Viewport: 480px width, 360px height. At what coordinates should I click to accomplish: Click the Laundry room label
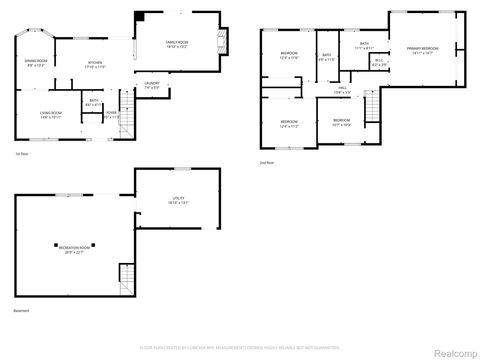(152, 85)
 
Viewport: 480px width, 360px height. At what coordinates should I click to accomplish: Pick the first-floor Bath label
(92, 102)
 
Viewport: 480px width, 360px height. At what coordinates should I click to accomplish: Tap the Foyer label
(112, 114)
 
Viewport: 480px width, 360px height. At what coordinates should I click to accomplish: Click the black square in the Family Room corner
(139, 16)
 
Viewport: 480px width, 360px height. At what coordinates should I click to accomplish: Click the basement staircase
(126, 274)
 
